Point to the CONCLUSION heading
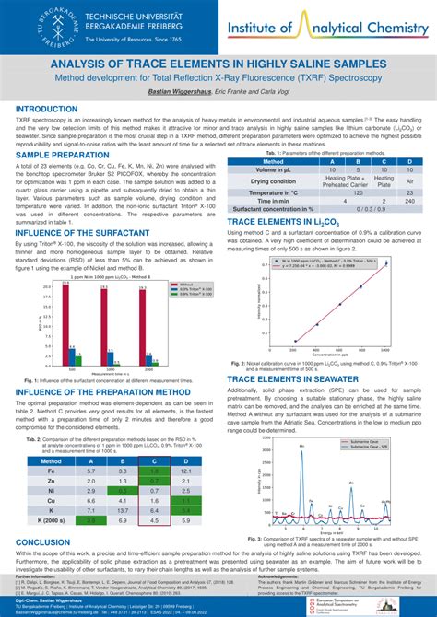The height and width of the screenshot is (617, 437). [43, 542]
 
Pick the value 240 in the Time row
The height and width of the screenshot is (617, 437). [409, 201]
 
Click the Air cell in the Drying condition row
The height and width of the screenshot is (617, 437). [409, 182]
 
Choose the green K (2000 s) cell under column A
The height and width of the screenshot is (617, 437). [91, 520]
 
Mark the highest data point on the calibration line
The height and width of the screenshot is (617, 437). [385, 265]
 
